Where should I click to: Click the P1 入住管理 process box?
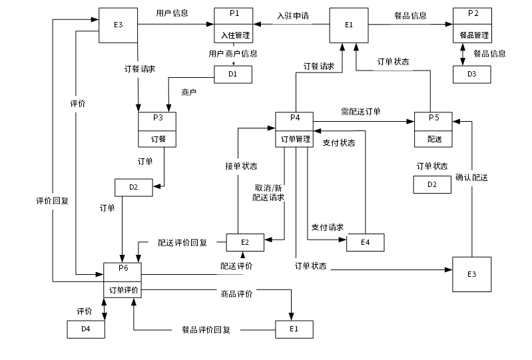234,25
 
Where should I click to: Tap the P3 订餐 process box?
158,129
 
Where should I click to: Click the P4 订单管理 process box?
295,129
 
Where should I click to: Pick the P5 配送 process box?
433,129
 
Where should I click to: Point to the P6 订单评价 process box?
123,280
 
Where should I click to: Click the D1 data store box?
233,74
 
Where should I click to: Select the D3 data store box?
472,74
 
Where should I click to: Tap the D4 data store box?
86,329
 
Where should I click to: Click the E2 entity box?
244,243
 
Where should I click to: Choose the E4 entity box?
365,242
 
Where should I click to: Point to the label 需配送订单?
361,111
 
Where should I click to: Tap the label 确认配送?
471,178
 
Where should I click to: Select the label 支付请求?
327,228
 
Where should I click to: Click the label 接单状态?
240,166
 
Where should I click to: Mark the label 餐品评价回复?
206,329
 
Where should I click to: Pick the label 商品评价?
236,293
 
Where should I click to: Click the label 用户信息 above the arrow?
172,13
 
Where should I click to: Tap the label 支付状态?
338,143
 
